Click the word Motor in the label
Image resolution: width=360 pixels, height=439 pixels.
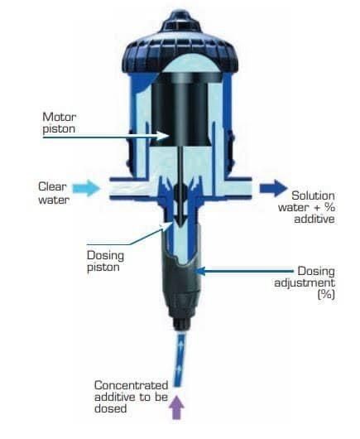[60, 117]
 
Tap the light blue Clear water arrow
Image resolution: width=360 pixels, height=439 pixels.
[86, 188]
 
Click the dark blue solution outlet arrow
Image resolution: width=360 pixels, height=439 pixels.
[273, 188]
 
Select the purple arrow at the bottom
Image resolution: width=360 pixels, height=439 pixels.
[177, 407]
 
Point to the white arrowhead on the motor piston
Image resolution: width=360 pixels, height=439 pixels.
[163, 136]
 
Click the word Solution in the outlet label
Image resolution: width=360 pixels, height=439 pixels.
[313, 195]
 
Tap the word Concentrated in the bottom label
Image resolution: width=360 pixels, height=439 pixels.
[132, 385]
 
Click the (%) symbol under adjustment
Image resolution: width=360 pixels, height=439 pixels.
[326, 295]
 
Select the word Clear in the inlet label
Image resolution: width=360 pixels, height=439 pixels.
[52, 186]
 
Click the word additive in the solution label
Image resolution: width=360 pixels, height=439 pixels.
[314, 219]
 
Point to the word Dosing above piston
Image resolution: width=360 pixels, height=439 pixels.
[105, 255]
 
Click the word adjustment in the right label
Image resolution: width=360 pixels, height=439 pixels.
[305, 282]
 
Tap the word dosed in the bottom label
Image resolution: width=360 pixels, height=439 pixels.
[111, 408]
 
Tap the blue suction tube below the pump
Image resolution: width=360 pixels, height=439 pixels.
[179, 359]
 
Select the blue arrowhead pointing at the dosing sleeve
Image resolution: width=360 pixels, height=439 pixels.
[199, 271]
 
